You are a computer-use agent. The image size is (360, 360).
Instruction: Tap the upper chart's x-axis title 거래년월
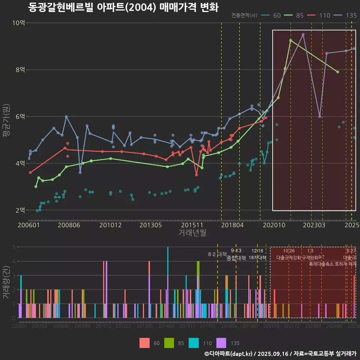point(192,233)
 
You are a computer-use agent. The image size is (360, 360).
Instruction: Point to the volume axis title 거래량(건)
point(6,282)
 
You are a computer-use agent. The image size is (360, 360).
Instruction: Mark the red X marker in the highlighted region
point(322,53)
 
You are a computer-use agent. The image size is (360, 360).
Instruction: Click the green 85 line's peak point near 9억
point(291,40)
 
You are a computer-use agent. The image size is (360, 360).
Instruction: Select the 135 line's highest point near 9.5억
point(303,34)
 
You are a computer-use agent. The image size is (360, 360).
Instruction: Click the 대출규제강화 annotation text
point(288,258)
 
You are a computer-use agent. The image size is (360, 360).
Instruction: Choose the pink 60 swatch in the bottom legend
point(144,343)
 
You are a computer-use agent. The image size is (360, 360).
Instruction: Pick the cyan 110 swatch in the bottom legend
point(193,343)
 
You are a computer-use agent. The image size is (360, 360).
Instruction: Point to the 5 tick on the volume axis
point(14,247)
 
